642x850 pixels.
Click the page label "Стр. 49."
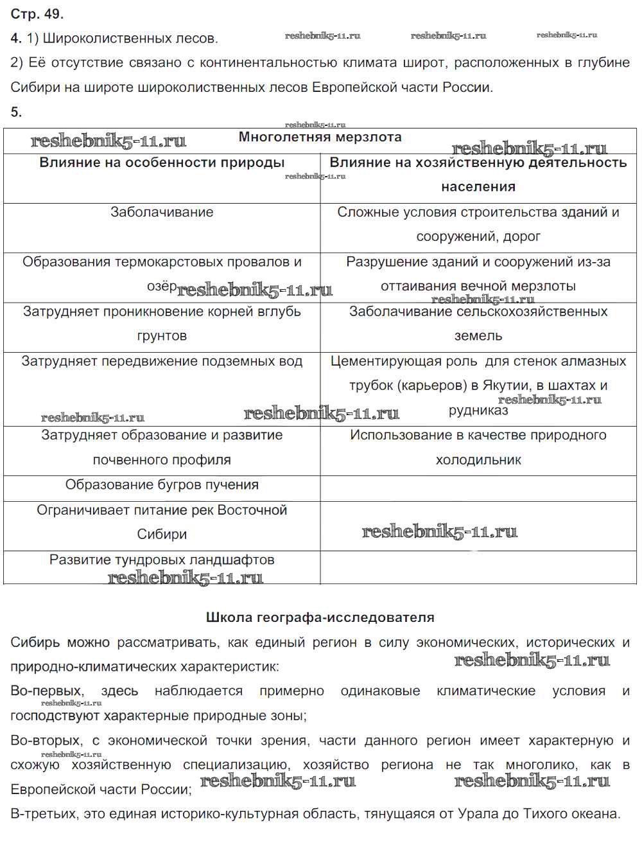[37, 13]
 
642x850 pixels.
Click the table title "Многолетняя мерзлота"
[320, 137]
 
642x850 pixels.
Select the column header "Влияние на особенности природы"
[162, 163]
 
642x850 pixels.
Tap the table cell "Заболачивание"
[162, 212]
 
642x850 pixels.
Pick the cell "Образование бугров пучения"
[162, 485]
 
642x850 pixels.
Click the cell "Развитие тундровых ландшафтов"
[162, 560]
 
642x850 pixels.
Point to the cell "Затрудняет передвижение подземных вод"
[162, 361]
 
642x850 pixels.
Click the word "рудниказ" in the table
[478, 410]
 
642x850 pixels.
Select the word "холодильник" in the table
[478, 460]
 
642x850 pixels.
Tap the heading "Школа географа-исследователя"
[320, 617]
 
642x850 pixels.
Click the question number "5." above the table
[16, 112]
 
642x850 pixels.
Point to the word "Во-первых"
[47, 691]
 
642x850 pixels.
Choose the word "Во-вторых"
[46, 741]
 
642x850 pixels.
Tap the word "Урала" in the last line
[475, 814]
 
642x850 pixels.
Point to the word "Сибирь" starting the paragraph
[35, 642]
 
